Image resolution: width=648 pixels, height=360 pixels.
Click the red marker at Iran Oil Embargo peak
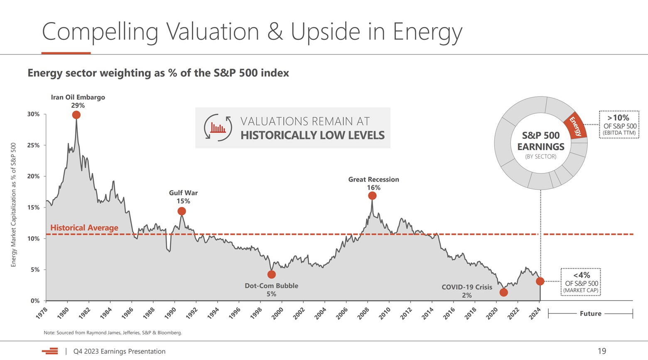pyautogui.click(x=76, y=115)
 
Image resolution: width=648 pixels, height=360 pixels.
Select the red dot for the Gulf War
pyautogui.click(x=182, y=211)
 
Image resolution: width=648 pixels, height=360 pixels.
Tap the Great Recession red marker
pyautogui.click(x=372, y=195)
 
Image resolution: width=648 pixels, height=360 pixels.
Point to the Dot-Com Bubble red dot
pyautogui.click(x=271, y=274)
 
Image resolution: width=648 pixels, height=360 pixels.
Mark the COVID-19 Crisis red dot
pyautogui.click(x=503, y=292)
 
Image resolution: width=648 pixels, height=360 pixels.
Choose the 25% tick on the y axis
pyautogui.click(x=33, y=145)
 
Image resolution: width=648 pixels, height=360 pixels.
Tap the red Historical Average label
pyautogui.click(x=84, y=227)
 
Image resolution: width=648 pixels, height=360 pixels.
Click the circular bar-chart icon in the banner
pyautogui.click(x=218, y=128)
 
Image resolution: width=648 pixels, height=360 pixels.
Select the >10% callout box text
pyautogui.click(x=619, y=124)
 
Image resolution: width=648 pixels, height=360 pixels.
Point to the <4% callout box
pyautogui.click(x=581, y=282)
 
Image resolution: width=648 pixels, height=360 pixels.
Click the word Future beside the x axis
pyautogui.click(x=590, y=313)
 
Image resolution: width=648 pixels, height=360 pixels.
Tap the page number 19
pyautogui.click(x=601, y=351)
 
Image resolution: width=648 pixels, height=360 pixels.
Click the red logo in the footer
pyautogui.click(x=50, y=351)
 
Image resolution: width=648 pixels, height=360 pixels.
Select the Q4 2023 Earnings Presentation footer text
pyautogui.click(x=119, y=351)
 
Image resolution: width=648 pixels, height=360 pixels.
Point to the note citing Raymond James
pyautogui.click(x=113, y=333)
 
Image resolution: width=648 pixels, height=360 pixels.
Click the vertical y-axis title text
pyautogui.click(x=13, y=205)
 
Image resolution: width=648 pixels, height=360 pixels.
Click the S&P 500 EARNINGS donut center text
pyautogui.click(x=540, y=141)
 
